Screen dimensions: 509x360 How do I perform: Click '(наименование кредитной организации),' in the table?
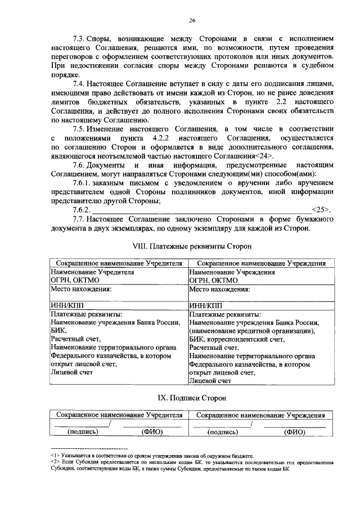point(253,331)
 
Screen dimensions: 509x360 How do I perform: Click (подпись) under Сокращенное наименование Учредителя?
point(83,432)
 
